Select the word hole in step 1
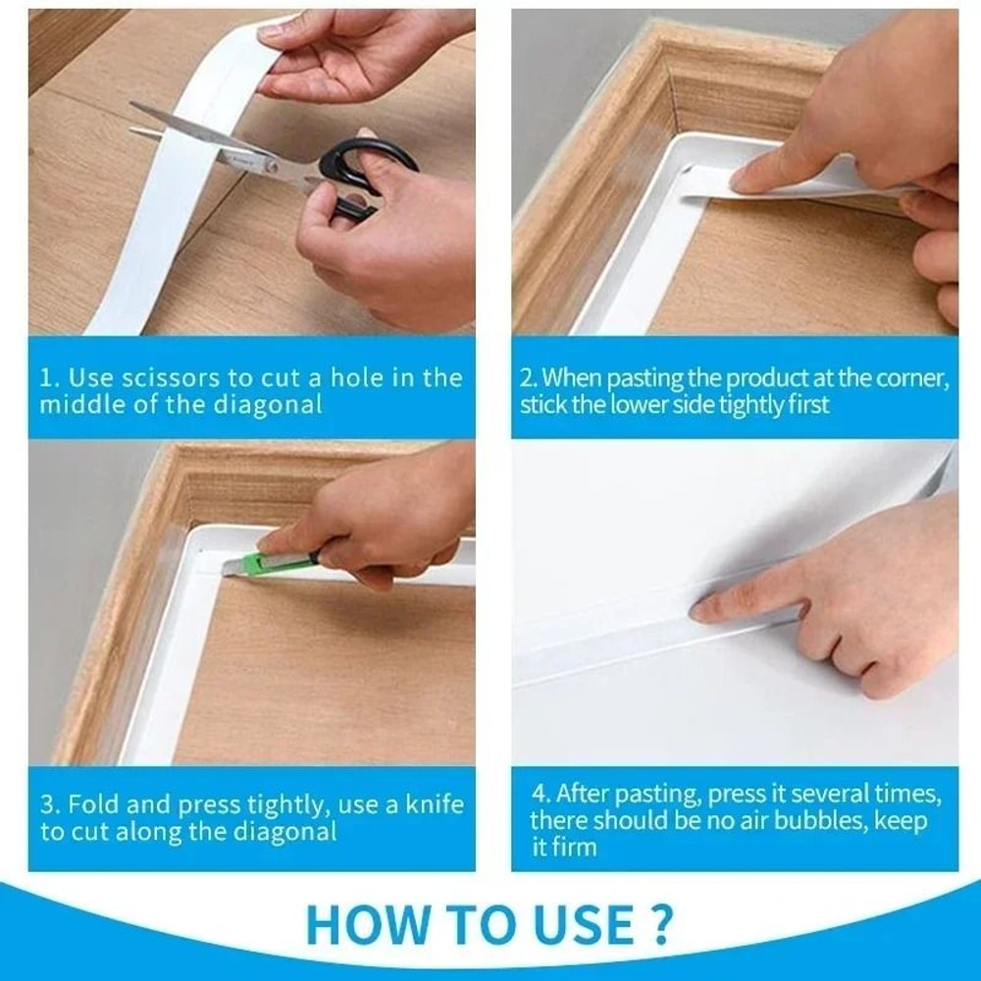(341, 378)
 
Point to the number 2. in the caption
(529, 378)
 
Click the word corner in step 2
(912, 378)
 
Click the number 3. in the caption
(50, 805)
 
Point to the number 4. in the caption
(542, 793)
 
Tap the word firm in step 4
(576, 847)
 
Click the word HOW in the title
(359, 924)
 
